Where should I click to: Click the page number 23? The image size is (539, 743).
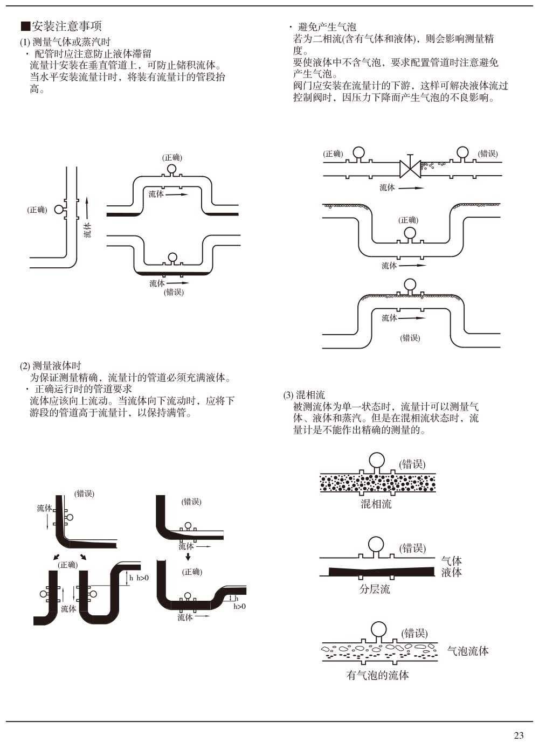click(519, 735)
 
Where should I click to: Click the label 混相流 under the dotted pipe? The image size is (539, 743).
click(376, 504)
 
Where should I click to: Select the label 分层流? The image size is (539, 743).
click(375, 589)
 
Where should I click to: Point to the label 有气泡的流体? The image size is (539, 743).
click(377, 675)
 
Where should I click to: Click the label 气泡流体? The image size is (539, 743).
click(468, 651)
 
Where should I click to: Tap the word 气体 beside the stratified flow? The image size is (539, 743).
click(452, 561)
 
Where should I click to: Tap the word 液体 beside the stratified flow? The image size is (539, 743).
click(452, 572)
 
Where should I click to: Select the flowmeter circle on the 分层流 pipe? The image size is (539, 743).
click(377, 545)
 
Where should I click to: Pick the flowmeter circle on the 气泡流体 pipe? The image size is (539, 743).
click(379, 629)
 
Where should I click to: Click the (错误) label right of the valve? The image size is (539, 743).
click(488, 154)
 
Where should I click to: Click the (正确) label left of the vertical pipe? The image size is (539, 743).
click(37, 210)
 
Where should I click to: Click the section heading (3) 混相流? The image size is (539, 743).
click(304, 395)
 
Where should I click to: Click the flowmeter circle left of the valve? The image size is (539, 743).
click(358, 153)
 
